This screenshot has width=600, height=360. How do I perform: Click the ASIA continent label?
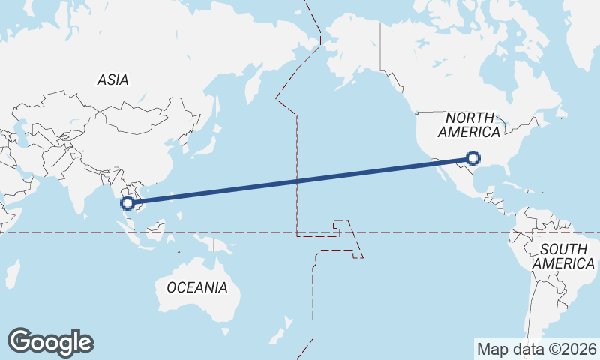(x=113, y=79)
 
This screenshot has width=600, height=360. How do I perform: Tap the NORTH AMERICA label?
(x=469, y=125)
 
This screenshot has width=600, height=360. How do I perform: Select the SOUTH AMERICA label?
(x=564, y=256)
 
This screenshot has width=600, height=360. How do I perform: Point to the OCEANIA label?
(x=196, y=287)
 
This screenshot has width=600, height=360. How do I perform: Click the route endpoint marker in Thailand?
(x=127, y=202)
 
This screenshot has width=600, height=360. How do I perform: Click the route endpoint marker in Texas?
(x=472, y=157)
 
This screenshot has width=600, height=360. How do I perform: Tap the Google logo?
(x=50, y=342)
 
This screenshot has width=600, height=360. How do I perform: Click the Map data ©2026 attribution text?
(x=536, y=349)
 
